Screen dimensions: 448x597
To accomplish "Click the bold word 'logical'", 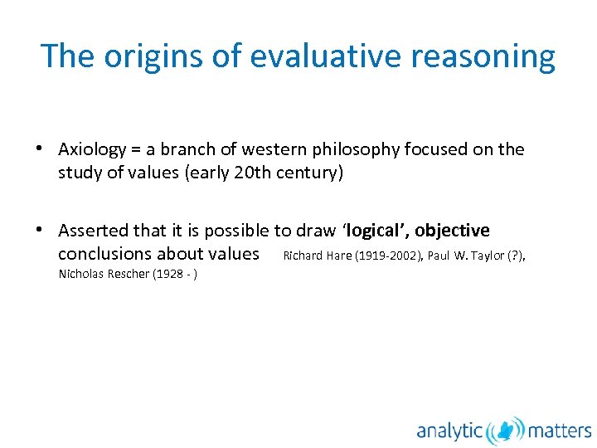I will (378, 231).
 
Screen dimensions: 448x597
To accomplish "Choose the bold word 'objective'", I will (453, 231).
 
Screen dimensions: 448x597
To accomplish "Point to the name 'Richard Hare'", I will (318, 256).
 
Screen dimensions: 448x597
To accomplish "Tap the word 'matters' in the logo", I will (560, 430).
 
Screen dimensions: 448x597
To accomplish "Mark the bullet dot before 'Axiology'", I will (39, 149).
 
